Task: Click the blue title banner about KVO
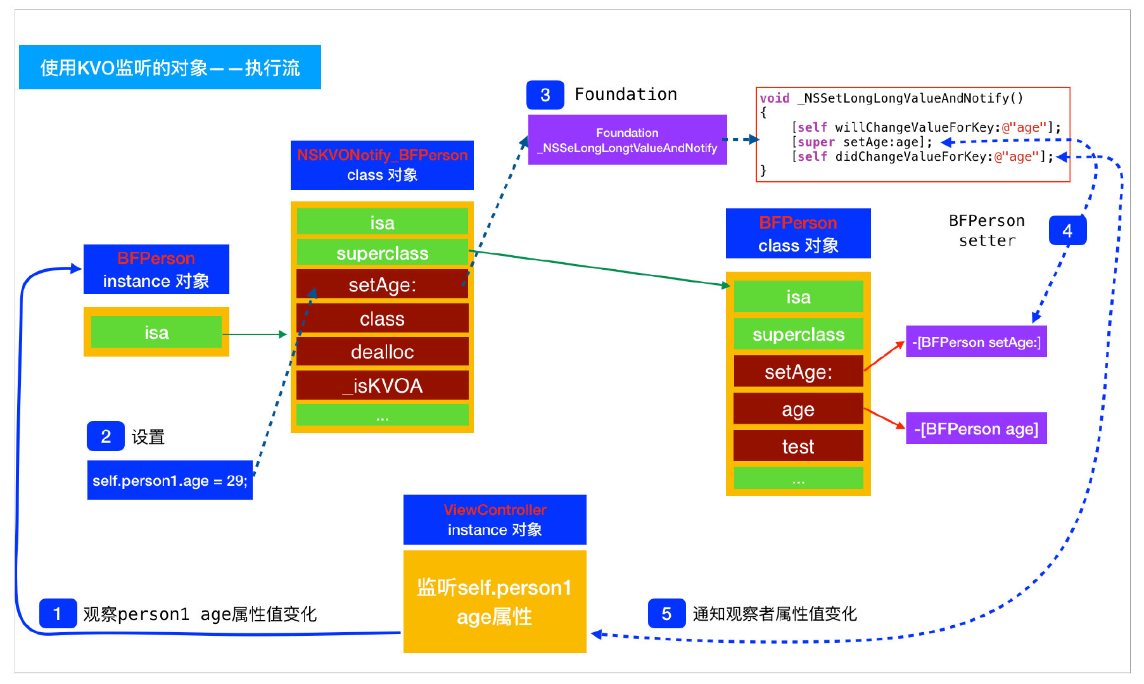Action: (x=170, y=67)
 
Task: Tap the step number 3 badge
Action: (x=545, y=95)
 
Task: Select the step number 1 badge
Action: (x=58, y=613)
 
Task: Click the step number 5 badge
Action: (x=666, y=613)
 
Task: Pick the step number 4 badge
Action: (x=1067, y=231)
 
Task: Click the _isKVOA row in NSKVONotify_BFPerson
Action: (x=382, y=385)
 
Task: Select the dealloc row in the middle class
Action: (x=382, y=351)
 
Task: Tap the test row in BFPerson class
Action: (x=798, y=446)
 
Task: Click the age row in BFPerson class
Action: (x=798, y=409)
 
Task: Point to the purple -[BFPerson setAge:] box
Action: (x=976, y=342)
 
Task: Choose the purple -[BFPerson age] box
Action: (x=976, y=429)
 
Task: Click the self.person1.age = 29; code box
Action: (x=170, y=480)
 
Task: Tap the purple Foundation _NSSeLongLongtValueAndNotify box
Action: (x=627, y=140)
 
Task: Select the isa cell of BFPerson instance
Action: (x=156, y=332)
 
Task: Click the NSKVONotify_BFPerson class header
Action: (x=382, y=165)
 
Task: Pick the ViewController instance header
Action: (x=495, y=519)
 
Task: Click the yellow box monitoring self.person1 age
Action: (x=495, y=602)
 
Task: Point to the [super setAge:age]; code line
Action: (x=861, y=142)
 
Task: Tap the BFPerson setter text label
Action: (x=986, y=231)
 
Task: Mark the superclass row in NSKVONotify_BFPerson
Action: (x=382, y=253)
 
